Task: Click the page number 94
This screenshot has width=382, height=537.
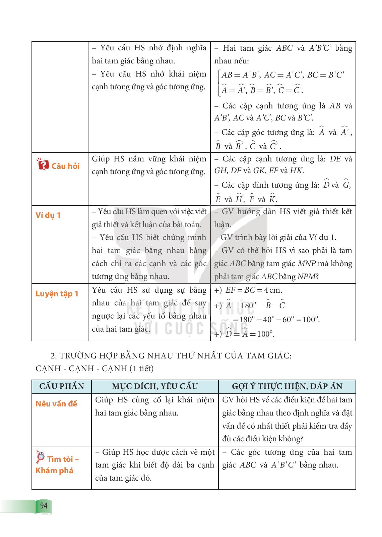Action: [44, 505]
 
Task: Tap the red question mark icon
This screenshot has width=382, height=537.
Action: [42, 165]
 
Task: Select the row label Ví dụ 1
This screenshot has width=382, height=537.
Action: [48, 215]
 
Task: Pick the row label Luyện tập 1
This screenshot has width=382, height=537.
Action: [57, 294]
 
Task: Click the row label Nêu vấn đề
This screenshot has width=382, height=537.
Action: [56, 403]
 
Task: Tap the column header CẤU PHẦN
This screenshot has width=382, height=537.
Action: [62, 386]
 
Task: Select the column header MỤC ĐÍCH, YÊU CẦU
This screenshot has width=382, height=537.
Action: [155, 386]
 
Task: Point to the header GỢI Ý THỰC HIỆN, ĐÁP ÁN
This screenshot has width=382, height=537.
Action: [287, 386]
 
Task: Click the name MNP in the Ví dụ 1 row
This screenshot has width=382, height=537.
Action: [307, 263]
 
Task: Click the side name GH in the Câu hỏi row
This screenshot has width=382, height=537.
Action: [220, 170]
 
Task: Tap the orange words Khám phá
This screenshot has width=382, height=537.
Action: [54, 470]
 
